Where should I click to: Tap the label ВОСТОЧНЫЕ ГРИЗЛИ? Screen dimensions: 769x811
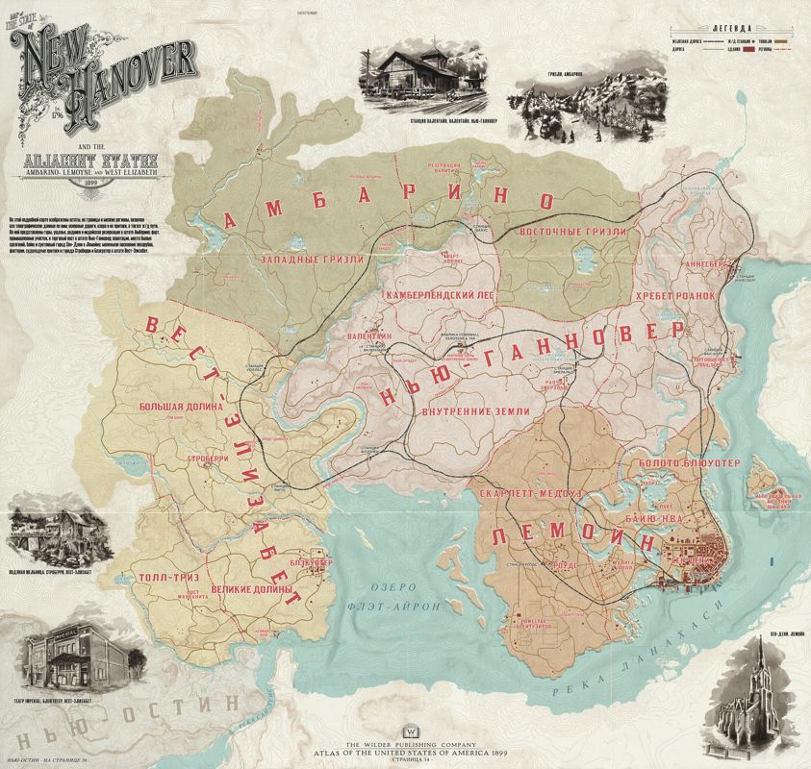click(x=573, y=232)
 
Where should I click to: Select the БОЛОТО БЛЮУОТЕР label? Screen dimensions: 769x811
click(x=688, y=463)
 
